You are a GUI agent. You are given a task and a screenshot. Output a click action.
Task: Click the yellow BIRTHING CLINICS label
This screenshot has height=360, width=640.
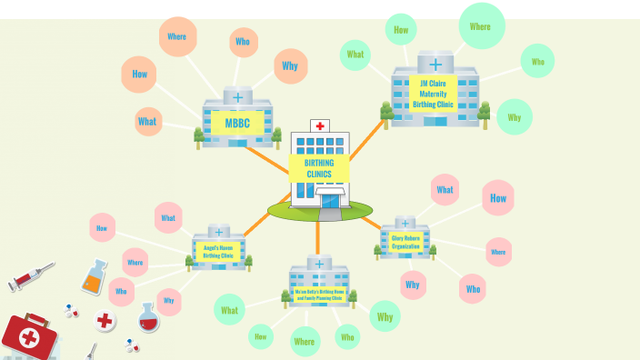pyautogui.click(x=318, y=168)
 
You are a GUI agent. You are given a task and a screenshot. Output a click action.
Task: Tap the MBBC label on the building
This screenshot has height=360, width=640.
pyautogui.click(x=237, y=123)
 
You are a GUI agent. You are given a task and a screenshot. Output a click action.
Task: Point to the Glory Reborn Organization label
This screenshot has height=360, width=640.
pyautogui.click(x=405, y=242)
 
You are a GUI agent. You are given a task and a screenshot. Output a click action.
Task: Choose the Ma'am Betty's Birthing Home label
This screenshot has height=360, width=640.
pyautogui.click(x=317, y=295)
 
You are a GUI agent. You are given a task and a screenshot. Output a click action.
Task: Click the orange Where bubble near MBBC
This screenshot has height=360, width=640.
pyautogui.click(x=177, y=37)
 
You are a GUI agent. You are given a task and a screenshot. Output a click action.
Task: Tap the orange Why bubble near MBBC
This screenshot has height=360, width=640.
pyautogui.click(x=290, y=65)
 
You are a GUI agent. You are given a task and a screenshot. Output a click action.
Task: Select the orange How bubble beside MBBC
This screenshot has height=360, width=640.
pyautogui.click(x=139, y=75)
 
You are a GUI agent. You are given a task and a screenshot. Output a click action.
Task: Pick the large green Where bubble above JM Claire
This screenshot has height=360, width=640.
pyautogui.click(x=480, y=25)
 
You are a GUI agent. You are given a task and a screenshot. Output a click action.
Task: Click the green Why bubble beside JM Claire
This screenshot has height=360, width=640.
pyautogui.click(x=514, y=117)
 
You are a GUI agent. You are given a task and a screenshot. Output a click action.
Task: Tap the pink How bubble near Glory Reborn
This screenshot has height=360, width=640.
pyautogui.click(x=497, y=198)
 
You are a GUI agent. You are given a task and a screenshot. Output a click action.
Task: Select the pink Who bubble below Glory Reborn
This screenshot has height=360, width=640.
pyautogui.click(x=473, y=288)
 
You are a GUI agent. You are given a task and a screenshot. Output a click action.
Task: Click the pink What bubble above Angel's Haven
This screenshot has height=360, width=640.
pyautogui.click(x=168, y=218)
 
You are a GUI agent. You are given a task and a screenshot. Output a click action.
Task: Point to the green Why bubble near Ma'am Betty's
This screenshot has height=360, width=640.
pyautogui.click(x=385, y=317)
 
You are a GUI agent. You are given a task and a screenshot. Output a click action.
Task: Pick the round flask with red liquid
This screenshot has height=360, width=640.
pyautogui.click(x=148, y=317)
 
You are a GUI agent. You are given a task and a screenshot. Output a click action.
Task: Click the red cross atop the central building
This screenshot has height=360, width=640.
pyautogui.click(x=318, y=125)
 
